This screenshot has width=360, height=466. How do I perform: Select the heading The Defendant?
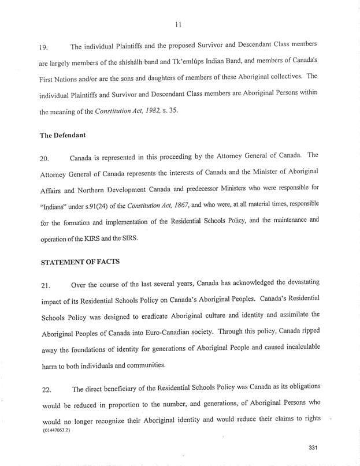click(62, 135)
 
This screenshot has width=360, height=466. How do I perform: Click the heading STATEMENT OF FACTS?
click(80, 262)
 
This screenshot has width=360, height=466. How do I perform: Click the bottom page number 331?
click(314, 448)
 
